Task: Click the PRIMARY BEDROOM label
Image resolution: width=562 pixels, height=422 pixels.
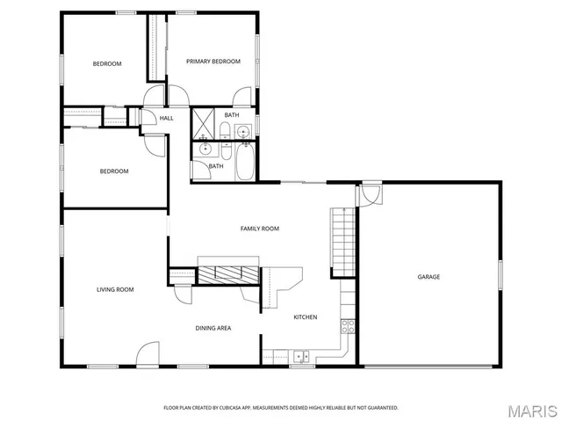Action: click(x=213, y=62)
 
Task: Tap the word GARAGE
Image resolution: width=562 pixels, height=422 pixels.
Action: click(x=429, y=277)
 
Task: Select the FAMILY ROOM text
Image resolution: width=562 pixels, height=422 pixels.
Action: click(x=260, y=229)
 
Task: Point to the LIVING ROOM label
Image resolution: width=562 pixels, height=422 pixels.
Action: click(x=115, y=289)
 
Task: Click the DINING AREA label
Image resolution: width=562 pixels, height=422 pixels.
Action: click(x=213, y=328)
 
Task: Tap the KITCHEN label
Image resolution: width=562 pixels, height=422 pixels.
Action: click(x=305, y=316)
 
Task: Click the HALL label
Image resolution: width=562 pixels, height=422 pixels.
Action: click(x=167, y=118)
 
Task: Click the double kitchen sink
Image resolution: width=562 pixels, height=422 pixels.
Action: click(x=301, y=356)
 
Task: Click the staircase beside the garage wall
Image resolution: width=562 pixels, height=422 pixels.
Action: click(x=342, y=241)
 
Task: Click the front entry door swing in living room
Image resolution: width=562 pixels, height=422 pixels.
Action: click(x=147, y=355)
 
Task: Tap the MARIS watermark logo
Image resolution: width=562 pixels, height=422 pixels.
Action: click(x=531, y=411)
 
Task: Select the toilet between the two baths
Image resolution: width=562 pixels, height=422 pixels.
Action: click(x=225, y=134)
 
